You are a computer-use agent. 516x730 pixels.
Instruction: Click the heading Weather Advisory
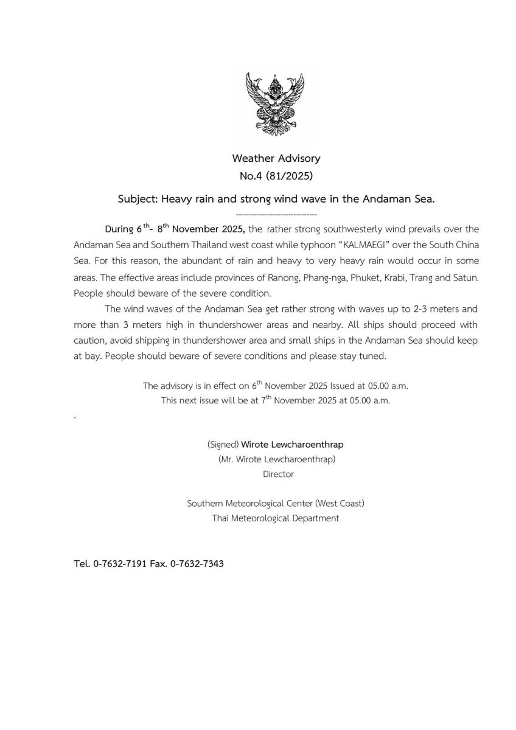[x=276, y=158]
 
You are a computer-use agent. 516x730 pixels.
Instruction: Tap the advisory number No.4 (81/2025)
[x=276, y=176]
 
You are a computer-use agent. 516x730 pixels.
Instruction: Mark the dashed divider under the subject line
[x=276, y=214]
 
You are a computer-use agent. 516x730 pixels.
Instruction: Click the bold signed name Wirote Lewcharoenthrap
[x=292, y=444]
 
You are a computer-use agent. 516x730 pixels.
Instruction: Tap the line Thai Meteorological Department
[x=276, y=518]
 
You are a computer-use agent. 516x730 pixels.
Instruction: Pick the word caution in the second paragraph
[x=91, y=340]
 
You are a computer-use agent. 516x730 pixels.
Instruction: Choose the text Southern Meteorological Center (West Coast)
[x=276, y=503]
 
